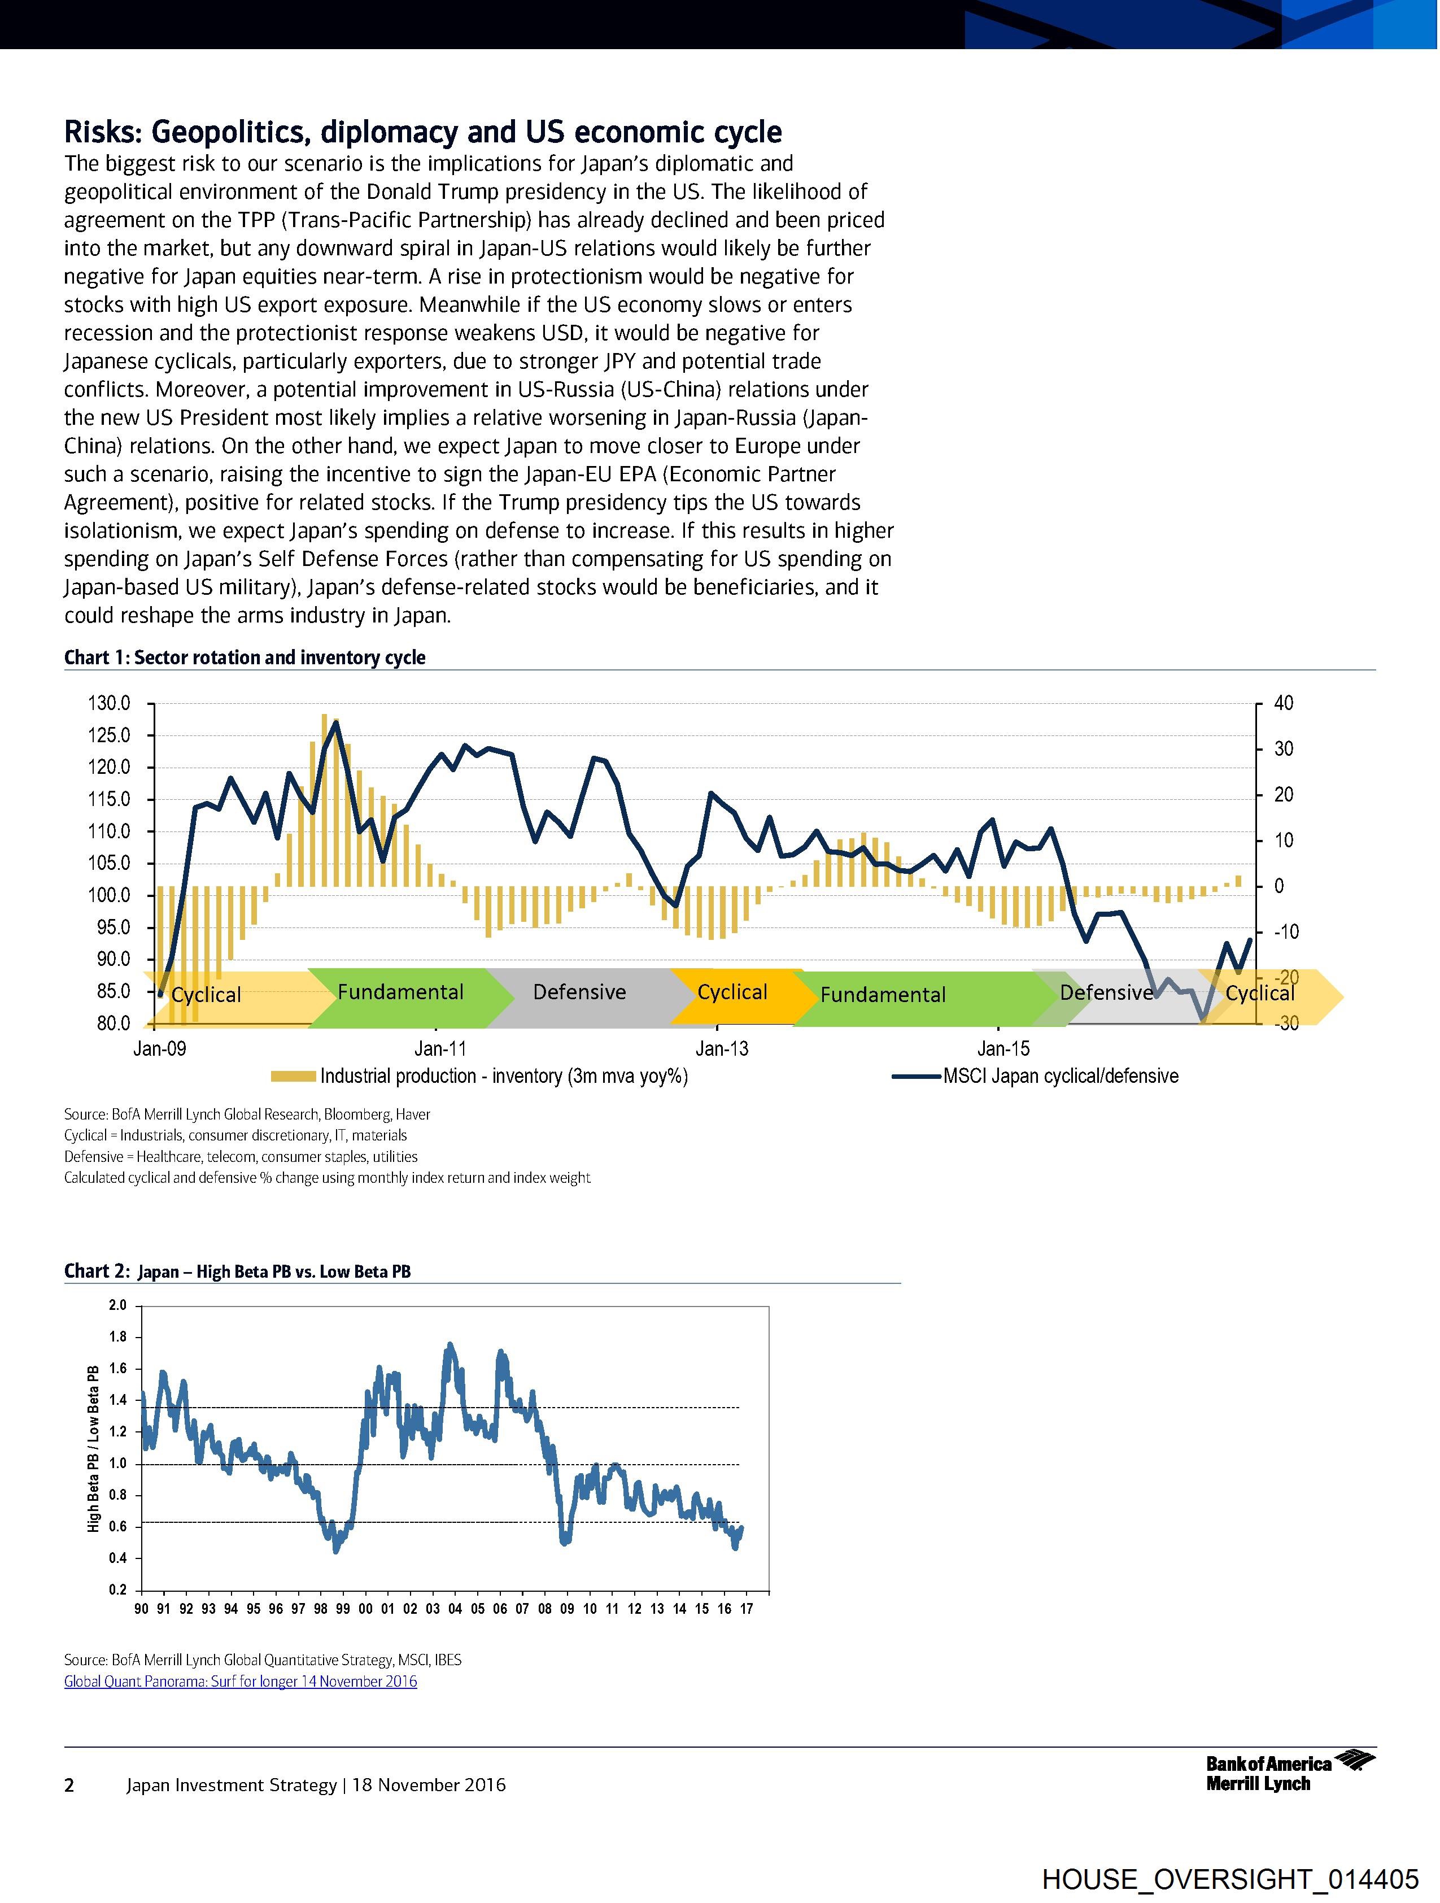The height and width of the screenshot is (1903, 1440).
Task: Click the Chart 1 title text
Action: click(x=245, y=658)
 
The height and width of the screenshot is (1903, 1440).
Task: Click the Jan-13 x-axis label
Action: click(x=722, y=1049)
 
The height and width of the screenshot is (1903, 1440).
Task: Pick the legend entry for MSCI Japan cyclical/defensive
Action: click(x=1060, y=1076)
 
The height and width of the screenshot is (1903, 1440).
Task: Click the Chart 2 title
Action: click(x=237, y=1271)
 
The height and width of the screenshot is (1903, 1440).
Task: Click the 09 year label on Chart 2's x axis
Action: click(x=567, y=1610)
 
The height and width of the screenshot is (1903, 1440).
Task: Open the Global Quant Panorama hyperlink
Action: click(x=241, y=1681)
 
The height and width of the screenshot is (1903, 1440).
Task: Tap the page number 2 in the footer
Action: click(x=69, y=1785)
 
